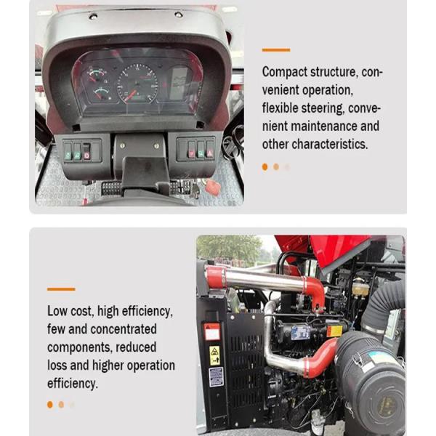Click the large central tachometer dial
coord(137,84)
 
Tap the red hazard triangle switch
coord(210,152)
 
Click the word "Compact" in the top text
coord(285,72)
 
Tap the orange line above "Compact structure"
coord(276,50)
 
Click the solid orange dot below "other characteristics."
coord(265,167)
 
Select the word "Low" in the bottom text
coord(57,311)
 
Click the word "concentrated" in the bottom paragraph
coord(124,329)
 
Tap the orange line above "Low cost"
coord(61,289)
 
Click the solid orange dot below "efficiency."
coord(50,405)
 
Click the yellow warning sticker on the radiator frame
coord(214,355)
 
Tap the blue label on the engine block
coord(300,333)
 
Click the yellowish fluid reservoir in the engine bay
coord(360,288)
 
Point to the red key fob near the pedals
coord(213,186)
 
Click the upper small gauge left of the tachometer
coord(96,75)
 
